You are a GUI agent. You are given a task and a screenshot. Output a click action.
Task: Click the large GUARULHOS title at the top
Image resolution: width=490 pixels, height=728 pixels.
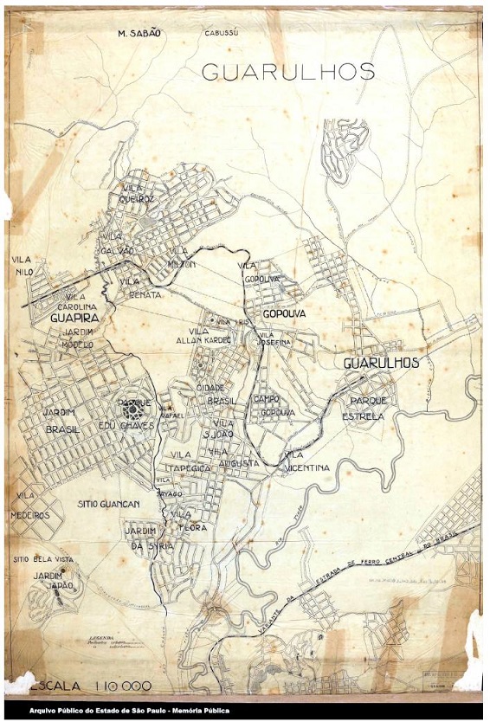coord(288,72)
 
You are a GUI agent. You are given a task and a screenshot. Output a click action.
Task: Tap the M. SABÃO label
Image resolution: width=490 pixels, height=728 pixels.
coord(139,33)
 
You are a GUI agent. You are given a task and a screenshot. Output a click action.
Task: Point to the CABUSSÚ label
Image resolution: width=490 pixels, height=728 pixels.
coord(221,33)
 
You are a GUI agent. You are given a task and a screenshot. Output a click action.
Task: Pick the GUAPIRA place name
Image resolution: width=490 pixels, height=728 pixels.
coord(77,319)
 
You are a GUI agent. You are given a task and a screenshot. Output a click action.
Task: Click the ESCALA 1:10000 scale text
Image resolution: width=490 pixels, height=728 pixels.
coord(91,686)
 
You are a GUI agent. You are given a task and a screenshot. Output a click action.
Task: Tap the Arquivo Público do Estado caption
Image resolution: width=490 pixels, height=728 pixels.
coord(130,711)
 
